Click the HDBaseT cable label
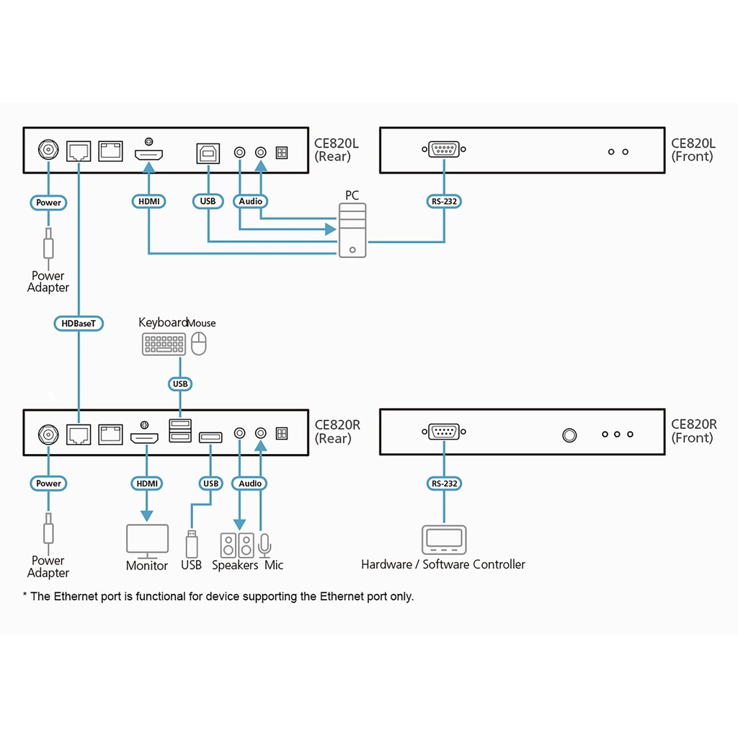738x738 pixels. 79,324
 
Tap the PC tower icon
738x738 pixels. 352,230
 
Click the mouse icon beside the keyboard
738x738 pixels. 199,343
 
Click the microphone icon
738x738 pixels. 264,545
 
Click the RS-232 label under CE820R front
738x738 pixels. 444,484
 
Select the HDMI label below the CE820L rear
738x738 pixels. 149,202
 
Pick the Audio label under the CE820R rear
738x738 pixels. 250,483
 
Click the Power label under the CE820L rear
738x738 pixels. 49,203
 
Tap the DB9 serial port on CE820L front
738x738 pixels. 444,150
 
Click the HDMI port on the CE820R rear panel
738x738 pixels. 145,437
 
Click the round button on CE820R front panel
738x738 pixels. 569,435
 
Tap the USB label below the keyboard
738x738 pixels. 180,384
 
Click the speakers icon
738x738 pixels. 237,544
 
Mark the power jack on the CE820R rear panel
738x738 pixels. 49,434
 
